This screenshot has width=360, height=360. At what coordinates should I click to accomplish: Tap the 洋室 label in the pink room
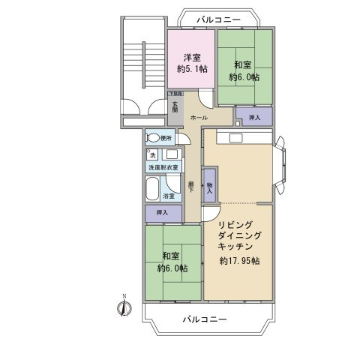[191, 57]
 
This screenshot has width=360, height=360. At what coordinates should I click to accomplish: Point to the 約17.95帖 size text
[239, 261]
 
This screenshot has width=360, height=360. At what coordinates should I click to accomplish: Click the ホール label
[199, 118]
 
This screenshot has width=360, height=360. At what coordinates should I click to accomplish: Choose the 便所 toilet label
[166, 139]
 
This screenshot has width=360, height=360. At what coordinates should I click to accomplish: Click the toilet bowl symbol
[153, 138]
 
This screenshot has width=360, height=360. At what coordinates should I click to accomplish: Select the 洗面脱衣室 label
[163, 167]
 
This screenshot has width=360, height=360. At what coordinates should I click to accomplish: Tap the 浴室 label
[169, 196]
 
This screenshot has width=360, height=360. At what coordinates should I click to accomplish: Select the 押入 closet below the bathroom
[163, 213]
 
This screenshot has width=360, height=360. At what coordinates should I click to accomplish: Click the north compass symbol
[124, 304]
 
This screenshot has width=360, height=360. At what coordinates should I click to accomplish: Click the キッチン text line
[235, 246]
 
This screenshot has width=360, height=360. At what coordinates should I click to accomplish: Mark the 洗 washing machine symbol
[152, 154]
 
